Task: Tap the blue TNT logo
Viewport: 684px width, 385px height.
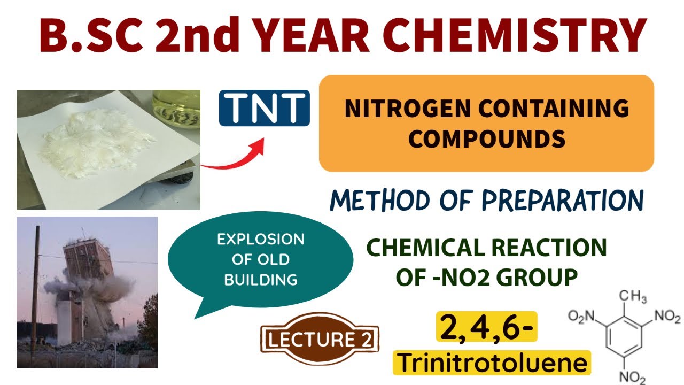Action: (x=264, y=107)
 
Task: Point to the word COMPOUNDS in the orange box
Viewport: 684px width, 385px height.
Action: (x=486, y=139)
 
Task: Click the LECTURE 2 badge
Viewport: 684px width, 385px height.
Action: (x=320, y=340)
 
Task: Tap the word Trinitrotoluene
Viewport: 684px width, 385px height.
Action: (x=492, y=364)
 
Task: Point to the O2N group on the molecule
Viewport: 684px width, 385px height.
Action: (x=581, y=318)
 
